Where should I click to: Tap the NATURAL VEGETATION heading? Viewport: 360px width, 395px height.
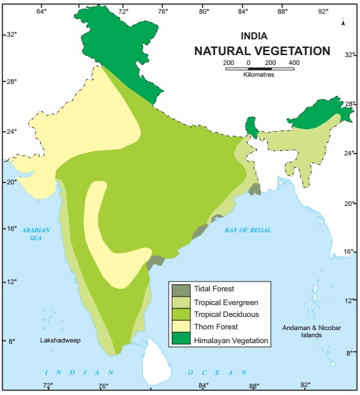coord(262,51)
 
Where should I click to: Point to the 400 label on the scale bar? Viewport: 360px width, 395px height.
coord(293,62)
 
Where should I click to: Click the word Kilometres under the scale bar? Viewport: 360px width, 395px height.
coord(258,75)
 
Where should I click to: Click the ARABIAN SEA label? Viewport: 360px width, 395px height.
coord(31,234)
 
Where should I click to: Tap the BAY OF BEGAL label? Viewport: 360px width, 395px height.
coord(247,230)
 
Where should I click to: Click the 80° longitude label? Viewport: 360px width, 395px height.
coord(204,11)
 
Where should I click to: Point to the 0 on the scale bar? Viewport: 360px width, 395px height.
coord(249,62)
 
